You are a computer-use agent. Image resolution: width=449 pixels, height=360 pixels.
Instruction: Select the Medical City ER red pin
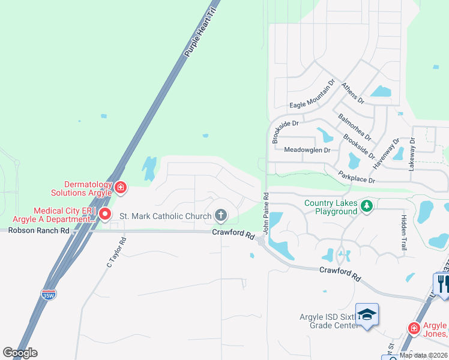(105, 214)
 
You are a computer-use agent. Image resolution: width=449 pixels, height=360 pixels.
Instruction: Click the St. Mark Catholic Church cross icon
(221, 215)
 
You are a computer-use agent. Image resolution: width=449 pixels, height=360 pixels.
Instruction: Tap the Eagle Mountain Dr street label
(311, 96)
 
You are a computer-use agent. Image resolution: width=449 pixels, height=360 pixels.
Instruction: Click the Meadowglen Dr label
(307, 149)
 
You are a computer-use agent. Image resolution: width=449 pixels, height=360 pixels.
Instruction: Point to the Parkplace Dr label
(357, 176)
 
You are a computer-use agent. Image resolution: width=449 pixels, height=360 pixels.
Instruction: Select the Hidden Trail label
(403, 233)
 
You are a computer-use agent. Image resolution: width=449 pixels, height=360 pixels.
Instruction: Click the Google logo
(20, 353)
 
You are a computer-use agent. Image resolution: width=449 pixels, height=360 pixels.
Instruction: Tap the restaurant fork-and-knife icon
(442, 283)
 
